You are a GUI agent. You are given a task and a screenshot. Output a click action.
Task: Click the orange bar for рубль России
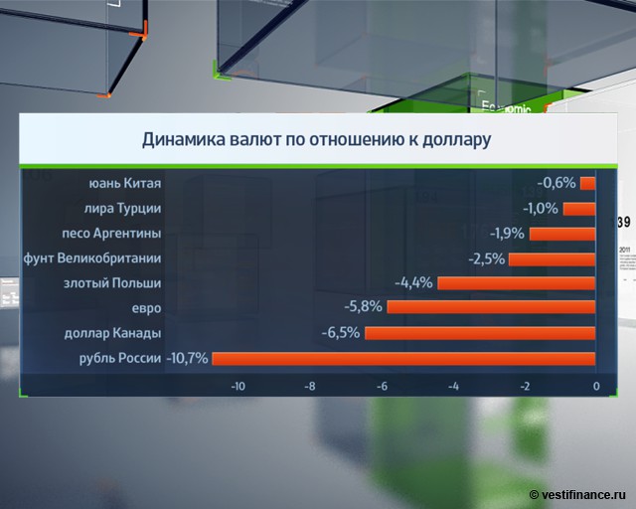[402, 358]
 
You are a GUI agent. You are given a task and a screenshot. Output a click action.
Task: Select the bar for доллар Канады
[480, 333]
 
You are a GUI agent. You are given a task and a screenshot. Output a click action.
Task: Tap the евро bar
[491, 307]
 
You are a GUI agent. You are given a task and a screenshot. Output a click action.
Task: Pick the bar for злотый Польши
[516, 282]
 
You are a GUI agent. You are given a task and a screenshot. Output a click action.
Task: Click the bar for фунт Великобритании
[552, 258]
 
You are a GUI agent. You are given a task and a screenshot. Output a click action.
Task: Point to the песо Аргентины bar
[561, 234]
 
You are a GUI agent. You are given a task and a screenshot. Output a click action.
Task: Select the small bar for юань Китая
[587, 183]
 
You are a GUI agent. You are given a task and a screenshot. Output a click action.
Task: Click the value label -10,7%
[187, 358]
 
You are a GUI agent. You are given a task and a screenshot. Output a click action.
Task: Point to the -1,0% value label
[540, 208]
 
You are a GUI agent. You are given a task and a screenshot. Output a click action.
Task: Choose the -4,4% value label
[413, 282]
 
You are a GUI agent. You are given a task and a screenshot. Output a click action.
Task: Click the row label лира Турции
[123, 208]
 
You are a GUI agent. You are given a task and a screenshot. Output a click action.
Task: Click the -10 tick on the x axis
[238, 386]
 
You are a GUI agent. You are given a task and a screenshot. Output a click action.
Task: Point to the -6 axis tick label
[382, 386]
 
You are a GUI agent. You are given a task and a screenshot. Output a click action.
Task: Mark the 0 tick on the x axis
[595, 386]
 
